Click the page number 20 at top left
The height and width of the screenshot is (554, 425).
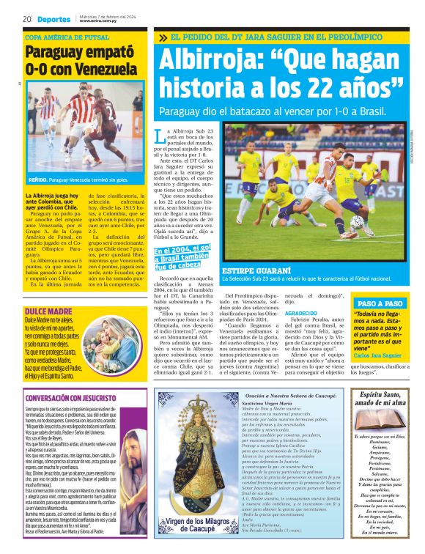26,19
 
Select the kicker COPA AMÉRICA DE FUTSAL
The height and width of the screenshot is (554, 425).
67,37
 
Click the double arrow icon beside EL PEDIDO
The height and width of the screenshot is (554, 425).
163,37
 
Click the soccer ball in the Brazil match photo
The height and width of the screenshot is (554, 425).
357,221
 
